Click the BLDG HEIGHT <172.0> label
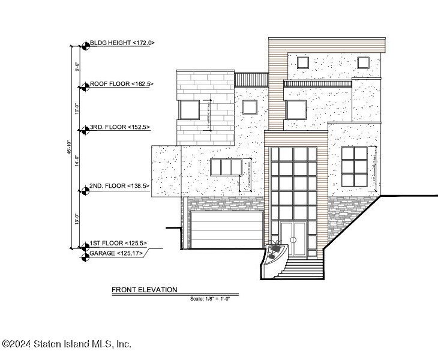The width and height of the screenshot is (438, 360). point(122,43)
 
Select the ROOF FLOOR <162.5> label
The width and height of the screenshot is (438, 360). point(122,85)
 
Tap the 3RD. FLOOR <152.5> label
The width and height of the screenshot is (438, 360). point(119,127)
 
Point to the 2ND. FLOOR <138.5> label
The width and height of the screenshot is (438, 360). point(119,186)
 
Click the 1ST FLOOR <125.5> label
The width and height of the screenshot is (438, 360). point(118,244)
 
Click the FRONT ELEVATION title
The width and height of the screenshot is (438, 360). point(144,290)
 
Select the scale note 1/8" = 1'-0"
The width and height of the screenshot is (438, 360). point(210,298)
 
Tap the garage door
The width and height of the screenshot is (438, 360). point(226,230)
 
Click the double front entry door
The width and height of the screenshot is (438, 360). point(293,239)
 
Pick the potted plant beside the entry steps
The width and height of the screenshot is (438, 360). point(275,249)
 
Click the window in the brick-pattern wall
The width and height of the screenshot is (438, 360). point(190,110)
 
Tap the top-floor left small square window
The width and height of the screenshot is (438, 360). point(302,62)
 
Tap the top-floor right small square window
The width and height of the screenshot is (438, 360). point(362,62)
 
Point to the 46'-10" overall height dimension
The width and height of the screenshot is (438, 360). point(70,146)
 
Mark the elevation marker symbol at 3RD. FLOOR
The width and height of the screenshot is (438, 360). point(84,128)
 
